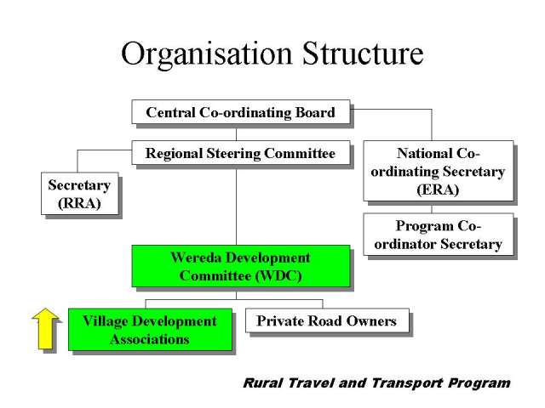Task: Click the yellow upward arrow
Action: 45,328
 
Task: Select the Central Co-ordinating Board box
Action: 240,111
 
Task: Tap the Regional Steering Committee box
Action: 240,153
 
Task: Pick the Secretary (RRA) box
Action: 79,193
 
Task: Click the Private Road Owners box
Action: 327,320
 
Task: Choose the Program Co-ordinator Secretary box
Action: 438,235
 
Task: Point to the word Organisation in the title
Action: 206,54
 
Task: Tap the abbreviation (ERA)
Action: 438,190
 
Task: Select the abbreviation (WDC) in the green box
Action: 278,275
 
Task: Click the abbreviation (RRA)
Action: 79,203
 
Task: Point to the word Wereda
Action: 196,258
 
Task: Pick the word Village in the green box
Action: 106,321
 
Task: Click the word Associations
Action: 150,339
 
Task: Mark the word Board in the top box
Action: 315,112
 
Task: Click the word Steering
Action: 233,154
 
